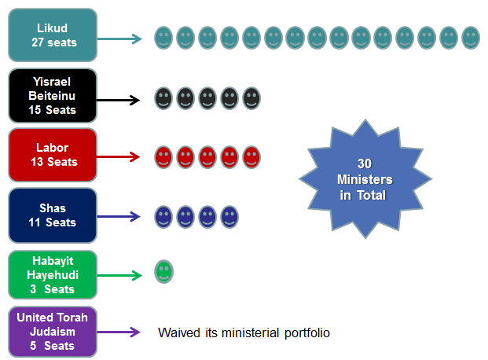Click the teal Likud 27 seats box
click(53, 35)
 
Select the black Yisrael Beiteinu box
click(53, 97)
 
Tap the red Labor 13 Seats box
click(53, 155)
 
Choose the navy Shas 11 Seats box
click(53, 215)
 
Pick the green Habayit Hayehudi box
click(53, 275)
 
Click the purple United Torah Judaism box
click(53, 332)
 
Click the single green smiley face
click(163, 272)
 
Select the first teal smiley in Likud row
click(163, 37)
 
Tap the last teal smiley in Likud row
click(471, 37)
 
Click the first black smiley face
click(163, 98)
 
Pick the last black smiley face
click(251, 98)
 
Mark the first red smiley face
click(163, 157)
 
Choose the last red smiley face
click(251, 157)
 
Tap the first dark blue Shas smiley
click(163, 215)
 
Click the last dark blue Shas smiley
click(229, 215)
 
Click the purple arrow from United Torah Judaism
click(119, 332)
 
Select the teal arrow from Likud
click(120, 37)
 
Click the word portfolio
click(307, 333)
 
